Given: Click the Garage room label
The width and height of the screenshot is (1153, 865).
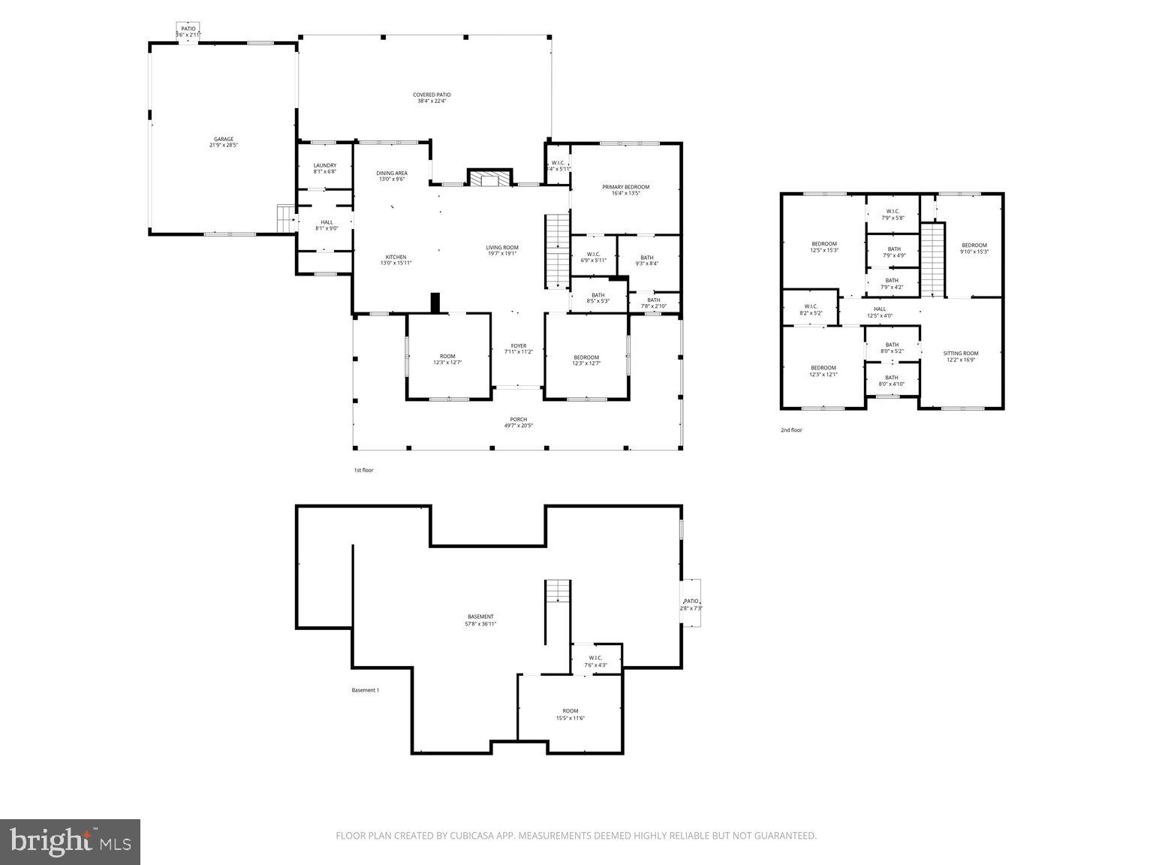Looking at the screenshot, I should click(224, 142).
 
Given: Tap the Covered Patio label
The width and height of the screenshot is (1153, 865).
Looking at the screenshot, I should click(432, 98).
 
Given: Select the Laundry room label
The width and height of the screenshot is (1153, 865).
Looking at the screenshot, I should click(324, 168).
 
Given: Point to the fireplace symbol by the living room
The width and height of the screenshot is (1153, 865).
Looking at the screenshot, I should click(489, 178).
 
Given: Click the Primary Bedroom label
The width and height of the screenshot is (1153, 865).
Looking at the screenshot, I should click(625, 190).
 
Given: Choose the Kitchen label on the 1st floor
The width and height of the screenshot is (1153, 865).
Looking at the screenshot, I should click(396, 260).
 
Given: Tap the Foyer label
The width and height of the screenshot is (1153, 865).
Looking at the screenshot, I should click(519, 348).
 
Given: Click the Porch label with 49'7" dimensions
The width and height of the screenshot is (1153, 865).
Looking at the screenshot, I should click(519, 423).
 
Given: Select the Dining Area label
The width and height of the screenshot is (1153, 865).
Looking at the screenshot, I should click(392, 176).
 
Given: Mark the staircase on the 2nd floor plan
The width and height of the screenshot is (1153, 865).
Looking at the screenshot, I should click(932, 259).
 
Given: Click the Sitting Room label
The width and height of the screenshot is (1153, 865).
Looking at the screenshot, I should click(961, 356).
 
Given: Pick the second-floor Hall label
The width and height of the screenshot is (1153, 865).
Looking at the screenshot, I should click(880, 312).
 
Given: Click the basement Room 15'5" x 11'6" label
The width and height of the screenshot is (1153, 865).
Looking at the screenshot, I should click(570, 714).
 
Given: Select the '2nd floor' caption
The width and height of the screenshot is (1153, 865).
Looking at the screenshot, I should click(791, 430).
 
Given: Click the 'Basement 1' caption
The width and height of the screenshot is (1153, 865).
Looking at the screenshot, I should click(366, 690).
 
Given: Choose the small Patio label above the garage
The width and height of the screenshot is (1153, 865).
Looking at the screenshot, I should click(188, 32).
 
